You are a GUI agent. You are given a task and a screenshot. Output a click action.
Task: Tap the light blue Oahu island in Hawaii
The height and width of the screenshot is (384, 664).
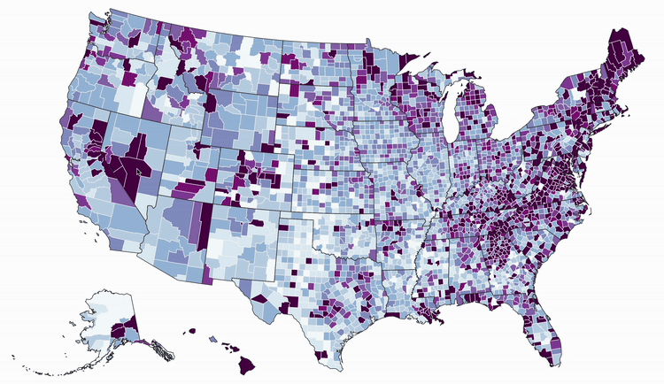[x=212, y=339]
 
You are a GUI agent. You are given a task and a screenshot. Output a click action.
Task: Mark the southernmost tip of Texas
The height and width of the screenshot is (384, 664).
[x=335, y=366]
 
